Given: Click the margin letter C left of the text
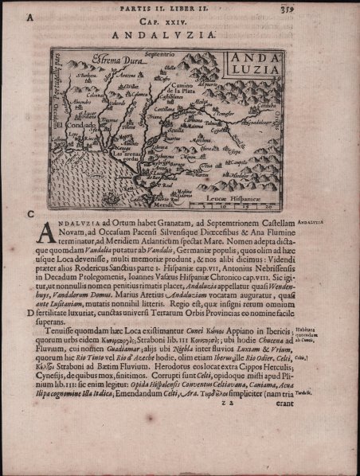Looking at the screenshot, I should [29, 214].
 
